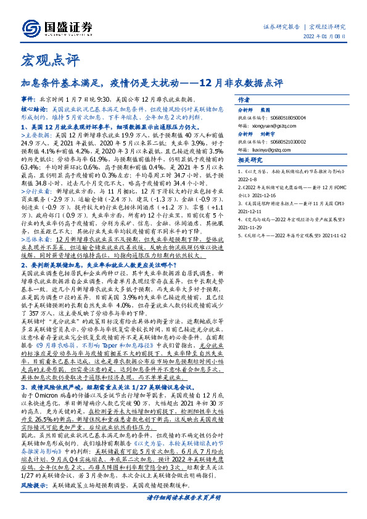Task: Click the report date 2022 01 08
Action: point(324,42)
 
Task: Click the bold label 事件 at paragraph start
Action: point(28,99)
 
